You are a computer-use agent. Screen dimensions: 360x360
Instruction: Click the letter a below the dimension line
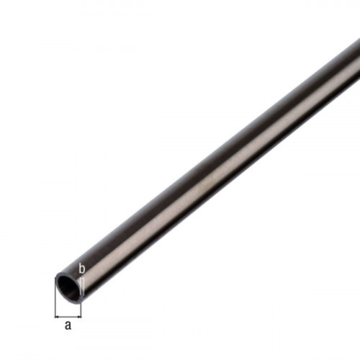[68, 325]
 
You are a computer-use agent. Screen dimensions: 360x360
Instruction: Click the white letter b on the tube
[82, 269]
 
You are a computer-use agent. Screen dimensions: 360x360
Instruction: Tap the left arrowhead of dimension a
[57, 317]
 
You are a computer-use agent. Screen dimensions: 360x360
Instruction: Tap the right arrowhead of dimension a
[79, 317]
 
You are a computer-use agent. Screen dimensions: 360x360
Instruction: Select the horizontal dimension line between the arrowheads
[68, 317]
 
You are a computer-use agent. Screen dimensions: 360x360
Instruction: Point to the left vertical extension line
[55, 297]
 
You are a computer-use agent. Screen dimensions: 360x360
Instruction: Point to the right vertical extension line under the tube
[81, 310]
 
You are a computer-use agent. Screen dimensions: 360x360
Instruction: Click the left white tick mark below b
[80, 287]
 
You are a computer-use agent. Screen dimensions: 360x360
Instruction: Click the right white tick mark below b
[84, 287]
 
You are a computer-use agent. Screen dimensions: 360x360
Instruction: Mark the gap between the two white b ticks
[82, 287]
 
